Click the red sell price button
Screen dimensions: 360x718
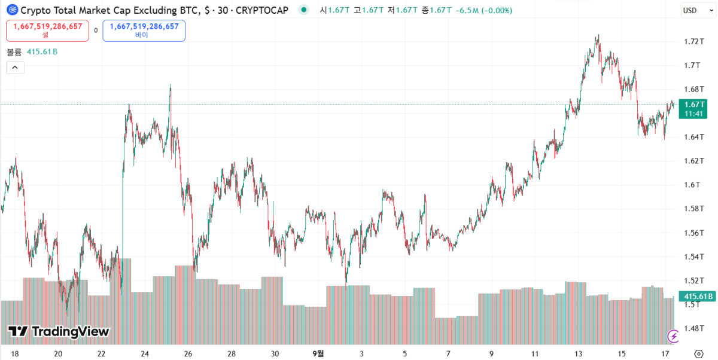(48, 30)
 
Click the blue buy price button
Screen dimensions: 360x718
(144, 30)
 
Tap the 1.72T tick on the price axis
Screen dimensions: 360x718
(692, 41)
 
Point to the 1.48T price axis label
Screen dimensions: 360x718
(692, 328)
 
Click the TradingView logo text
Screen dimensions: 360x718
(59, 331)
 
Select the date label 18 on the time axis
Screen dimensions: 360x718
(15, 353)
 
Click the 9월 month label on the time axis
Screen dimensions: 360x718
(318, 353)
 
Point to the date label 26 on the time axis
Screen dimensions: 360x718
(188, 353)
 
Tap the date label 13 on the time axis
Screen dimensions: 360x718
(578, 353)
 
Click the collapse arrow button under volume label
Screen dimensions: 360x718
(15, 68)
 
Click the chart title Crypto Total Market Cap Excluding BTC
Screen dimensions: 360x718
(108, 10)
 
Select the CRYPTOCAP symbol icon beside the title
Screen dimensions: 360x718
(12, 10)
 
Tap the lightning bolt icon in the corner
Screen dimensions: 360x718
(674, 336)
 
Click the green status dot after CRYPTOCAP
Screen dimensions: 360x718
(304, 10)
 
